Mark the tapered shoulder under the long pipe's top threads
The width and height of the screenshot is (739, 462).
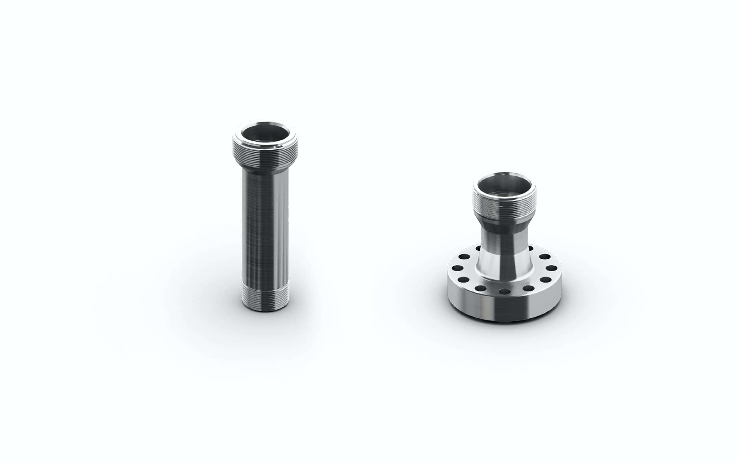tap(265, 169)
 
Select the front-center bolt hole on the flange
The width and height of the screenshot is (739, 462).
tap(504, 291)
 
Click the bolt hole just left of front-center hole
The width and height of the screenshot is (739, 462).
tap(480, 288)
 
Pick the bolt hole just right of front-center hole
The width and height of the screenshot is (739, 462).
tap(528, 288)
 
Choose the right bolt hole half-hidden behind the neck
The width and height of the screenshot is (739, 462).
tap(531, 248)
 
